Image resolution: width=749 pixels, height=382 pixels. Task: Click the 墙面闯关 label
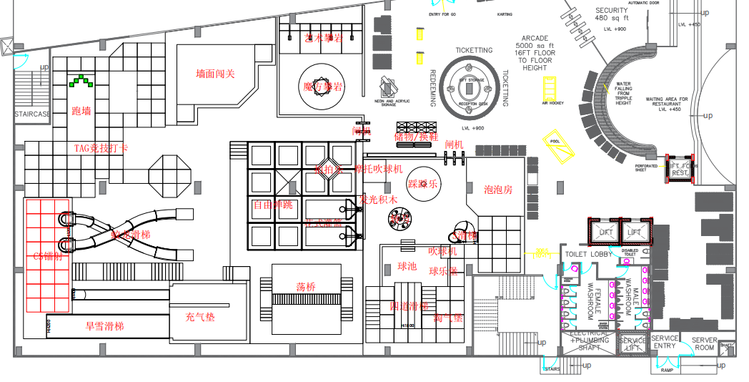[x=216, y=74]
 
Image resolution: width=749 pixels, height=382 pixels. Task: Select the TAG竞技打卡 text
[x=101, y=148]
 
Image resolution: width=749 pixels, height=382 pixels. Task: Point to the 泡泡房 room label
[x=498, y=190]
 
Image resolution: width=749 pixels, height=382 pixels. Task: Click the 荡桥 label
[x=306, y=286]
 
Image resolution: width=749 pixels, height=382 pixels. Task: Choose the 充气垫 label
[x=199, y=315]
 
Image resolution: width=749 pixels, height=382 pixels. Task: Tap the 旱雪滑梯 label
[x=105, y=325]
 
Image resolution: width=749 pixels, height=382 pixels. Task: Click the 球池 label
[x=407, y=266]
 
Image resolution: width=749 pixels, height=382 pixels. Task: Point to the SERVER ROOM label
[x=705, y=343]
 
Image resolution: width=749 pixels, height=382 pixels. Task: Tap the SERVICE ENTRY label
[x=664, y=342]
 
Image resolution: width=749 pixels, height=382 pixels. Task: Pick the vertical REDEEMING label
[x=433, y=88]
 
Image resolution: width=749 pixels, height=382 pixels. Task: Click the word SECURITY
[x=611, y=11]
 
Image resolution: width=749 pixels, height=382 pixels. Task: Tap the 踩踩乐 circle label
[x=422, y=184]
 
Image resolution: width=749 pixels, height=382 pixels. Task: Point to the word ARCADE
[x=535, y=38]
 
